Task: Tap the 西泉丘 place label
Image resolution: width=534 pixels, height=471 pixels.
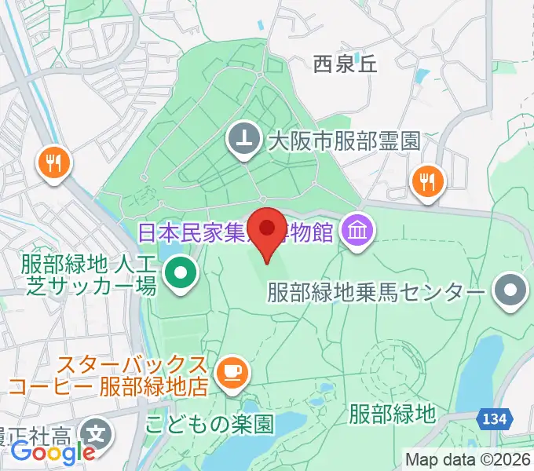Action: pyautogui.click(x=346, y=64)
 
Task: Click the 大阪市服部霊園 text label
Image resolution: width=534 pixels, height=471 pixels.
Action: pyautogui.click(x=344, y=141)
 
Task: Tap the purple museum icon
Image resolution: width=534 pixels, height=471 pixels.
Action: pyautogui.click(x=360, y=232)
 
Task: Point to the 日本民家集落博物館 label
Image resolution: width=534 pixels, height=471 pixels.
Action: pyautogui.click(x=236, y=232)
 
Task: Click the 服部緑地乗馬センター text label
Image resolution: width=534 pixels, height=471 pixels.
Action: pyautogui.click(x=375, y=293)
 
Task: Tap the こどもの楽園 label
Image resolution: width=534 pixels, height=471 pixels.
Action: pyautogui.click(x=210, y=425)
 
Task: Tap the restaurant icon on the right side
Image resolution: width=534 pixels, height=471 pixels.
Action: pyautogui.click(x=427, y=181)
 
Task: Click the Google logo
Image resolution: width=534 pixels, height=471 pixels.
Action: pyautogui.click(x=53, y=451)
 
